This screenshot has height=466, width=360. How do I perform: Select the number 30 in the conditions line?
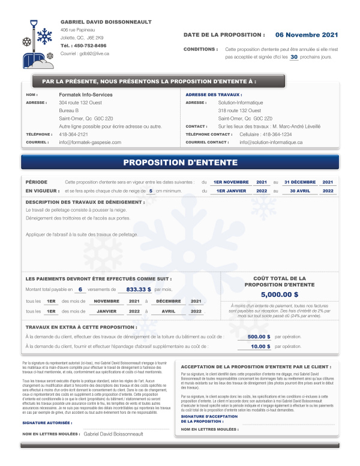[x=293, y=57]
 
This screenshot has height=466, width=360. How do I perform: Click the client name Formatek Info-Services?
[x=86, y=95]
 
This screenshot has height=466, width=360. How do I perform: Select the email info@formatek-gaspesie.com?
[x=90, y=142]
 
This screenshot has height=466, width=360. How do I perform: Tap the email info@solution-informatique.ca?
[x=271, y=142]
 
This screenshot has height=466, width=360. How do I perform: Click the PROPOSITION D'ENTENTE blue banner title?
[x=180, y=163]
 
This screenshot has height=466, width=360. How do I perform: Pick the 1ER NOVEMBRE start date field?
[x=231, y=182]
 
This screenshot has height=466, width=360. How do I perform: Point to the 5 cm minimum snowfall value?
[x=151, y=191]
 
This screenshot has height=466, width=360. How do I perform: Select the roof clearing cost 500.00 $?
[x=259, y=336]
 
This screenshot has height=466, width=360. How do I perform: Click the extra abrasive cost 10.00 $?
[x=260, y=346]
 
